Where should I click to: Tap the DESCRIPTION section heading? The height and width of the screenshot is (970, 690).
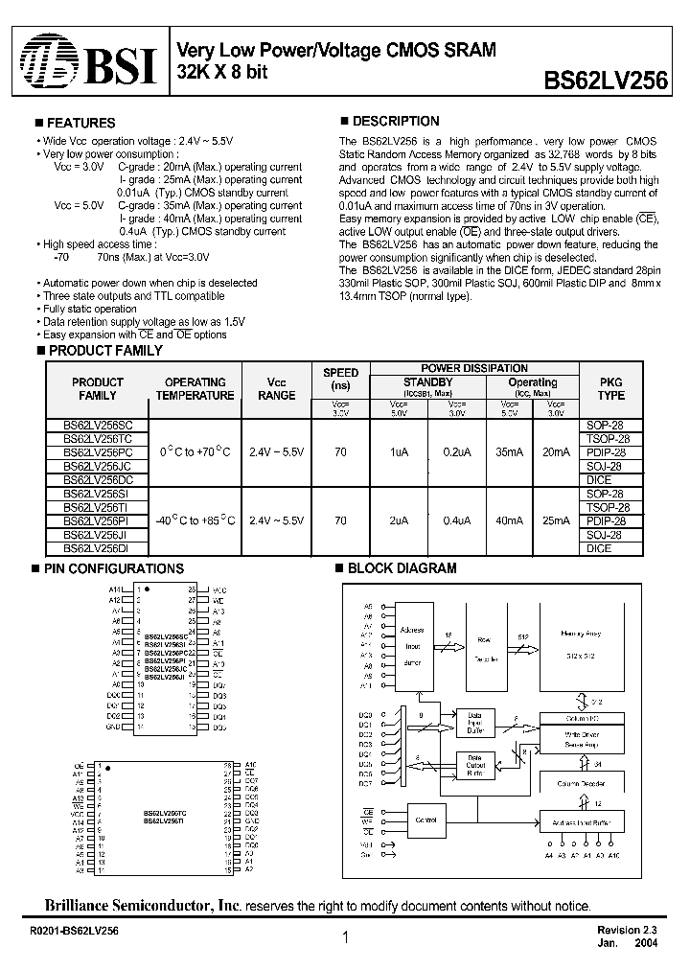(396, 121)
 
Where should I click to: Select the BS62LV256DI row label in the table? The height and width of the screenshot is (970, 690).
(98, 548)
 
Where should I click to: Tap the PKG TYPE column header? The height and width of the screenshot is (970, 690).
(610, 388)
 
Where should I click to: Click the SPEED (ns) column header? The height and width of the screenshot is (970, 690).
(341, 379)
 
